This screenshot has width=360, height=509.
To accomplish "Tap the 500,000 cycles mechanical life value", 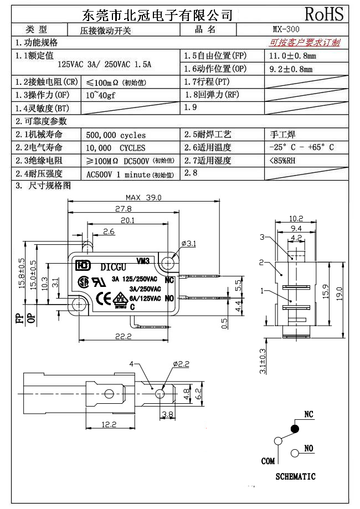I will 116,135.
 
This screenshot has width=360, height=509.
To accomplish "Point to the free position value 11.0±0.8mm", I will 292,56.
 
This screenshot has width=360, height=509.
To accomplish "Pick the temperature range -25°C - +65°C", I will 301,147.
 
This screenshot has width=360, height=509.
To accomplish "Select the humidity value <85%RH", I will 282,161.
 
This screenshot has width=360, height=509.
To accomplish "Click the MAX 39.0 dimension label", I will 143,197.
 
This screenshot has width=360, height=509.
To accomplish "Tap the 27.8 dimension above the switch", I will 123,209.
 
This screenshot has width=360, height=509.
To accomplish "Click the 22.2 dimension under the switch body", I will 123,336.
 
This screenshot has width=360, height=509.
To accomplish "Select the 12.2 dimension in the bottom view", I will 109,425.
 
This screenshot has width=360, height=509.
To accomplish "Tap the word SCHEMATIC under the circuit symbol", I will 295,476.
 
